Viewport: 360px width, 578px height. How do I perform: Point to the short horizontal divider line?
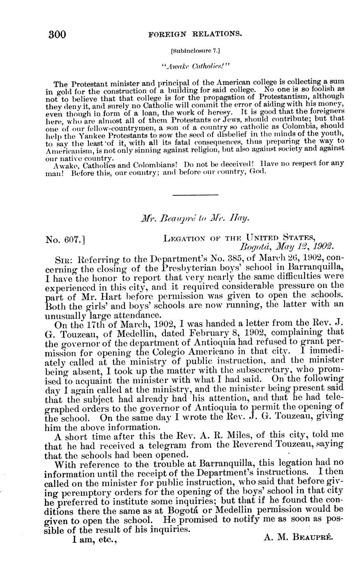click(x=195, y=195)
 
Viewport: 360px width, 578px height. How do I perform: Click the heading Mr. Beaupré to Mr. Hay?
click(x=195, y=218)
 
